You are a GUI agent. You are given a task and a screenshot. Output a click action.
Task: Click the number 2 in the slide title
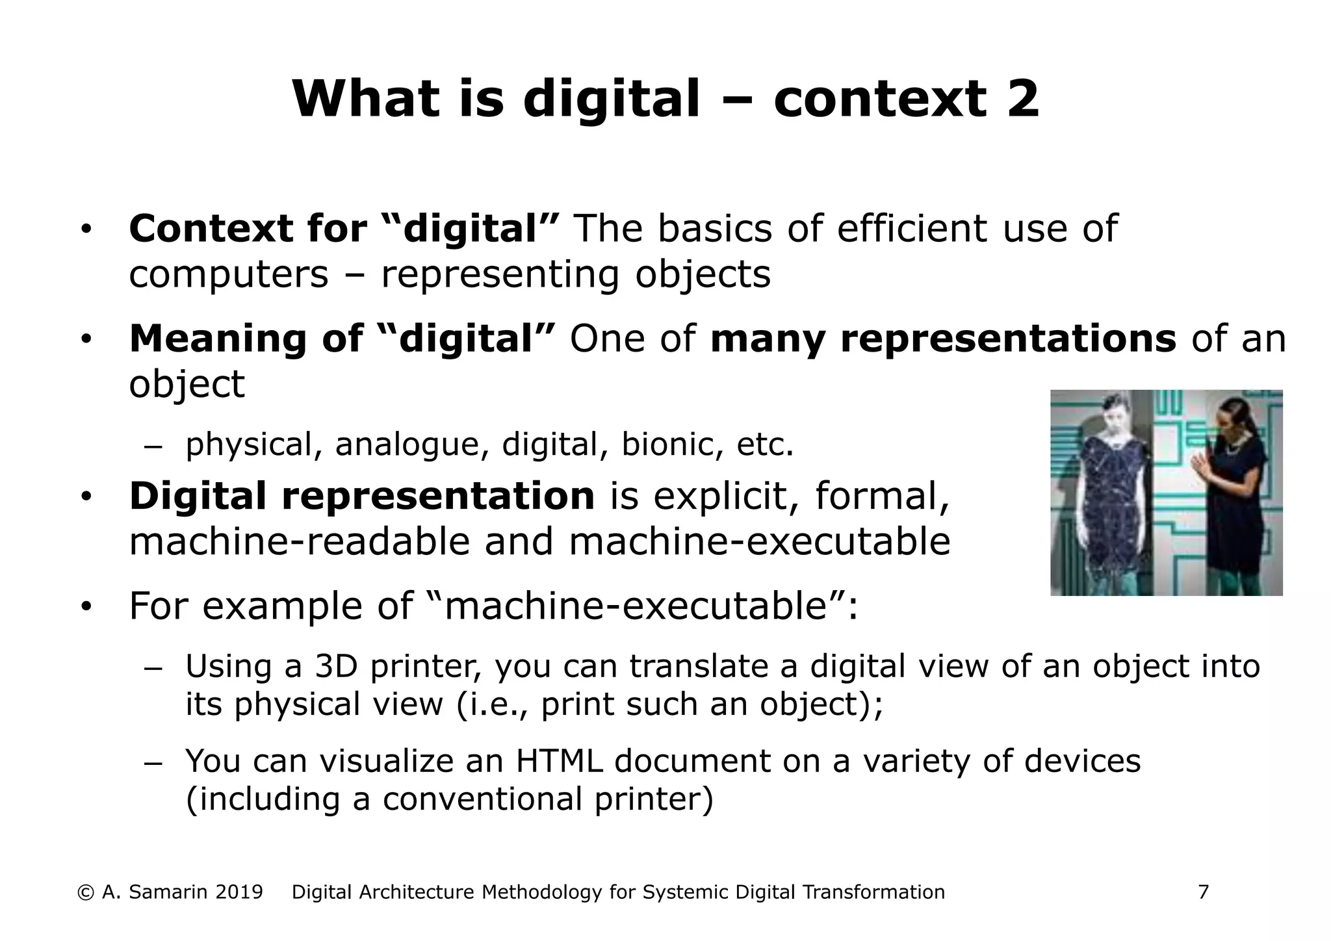point(1022,99)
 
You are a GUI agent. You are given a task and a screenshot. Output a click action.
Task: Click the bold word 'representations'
point(1007,339)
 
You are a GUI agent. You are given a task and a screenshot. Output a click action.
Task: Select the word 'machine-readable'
point(299,541)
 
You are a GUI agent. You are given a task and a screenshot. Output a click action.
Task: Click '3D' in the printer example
point(337,667)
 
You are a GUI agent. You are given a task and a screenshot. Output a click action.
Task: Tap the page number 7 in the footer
point(1203,892)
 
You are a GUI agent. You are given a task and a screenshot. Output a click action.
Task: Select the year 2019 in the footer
point(239,892)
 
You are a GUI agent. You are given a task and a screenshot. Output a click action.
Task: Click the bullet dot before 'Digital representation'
point(86,497)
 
